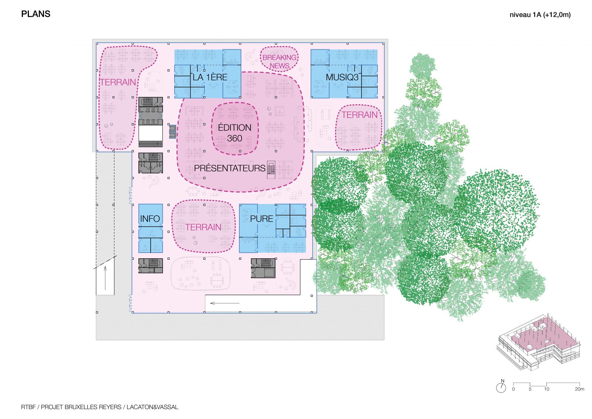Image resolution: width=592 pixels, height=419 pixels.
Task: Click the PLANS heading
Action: tap(36, 14)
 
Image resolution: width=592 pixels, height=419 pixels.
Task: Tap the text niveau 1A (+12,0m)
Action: tap(540, 15)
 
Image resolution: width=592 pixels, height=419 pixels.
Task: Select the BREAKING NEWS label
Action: tap(279, 61)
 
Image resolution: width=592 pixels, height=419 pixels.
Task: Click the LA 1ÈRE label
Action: tap(210, 77)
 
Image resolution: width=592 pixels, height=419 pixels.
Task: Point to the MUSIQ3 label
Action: tap(342, 77)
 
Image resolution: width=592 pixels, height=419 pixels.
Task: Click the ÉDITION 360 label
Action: tap(235, 133)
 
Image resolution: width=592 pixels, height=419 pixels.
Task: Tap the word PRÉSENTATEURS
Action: tap(229, 168)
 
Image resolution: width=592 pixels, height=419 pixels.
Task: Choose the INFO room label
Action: tap(150, 219)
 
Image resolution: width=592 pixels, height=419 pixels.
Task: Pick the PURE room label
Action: tap(261, 219)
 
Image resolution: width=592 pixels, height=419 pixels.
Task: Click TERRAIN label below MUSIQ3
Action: tap(359, 115)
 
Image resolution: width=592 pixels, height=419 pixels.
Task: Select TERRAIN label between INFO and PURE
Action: tap(203, 227)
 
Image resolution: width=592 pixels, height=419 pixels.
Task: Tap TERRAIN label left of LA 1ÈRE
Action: tap(118, 82)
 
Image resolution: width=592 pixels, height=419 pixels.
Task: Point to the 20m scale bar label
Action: tap(579, 389)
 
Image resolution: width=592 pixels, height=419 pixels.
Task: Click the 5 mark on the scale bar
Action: tap(530, 389)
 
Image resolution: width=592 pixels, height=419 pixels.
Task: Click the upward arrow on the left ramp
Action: tap(105, 278)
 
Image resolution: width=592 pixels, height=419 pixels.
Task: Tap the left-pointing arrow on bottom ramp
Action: tap(225, 303)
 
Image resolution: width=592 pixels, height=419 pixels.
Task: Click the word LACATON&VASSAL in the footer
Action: tap(152, 407)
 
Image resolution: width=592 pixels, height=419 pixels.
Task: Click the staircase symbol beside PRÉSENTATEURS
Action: tap(271, 170)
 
